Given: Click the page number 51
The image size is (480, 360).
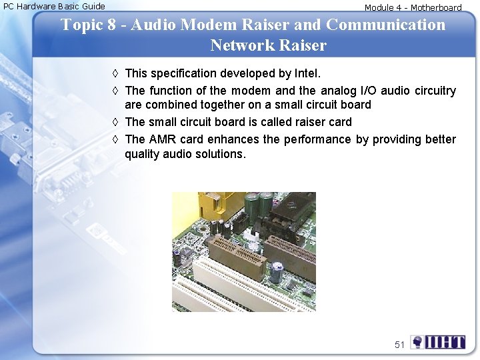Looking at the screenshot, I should coord(399,345).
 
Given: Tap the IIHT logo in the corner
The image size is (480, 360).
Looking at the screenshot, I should coord(438,343).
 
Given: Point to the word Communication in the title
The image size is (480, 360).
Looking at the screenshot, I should coord(386,25).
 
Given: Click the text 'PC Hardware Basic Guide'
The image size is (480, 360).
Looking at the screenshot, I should coord(54,6).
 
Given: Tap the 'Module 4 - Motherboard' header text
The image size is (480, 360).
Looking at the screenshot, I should coord(413,8).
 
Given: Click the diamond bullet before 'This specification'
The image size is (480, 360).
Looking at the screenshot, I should coord(115,73).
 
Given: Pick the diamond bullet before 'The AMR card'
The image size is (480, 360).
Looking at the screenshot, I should coord(115,139).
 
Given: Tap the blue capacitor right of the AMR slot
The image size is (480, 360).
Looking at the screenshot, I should coord(277,269).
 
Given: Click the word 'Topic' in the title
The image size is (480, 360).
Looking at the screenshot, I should coord(82,25).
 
